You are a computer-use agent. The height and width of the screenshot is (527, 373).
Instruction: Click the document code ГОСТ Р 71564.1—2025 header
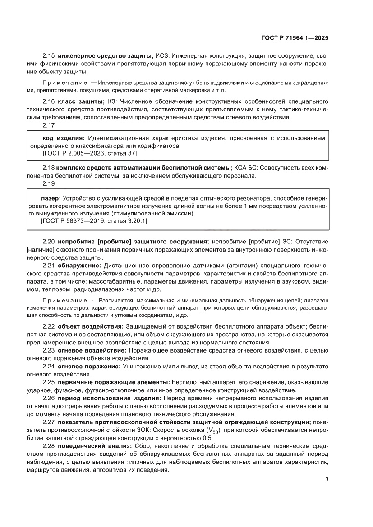[x=295, y=38]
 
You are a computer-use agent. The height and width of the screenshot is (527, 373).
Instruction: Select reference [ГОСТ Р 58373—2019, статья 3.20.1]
[x=94, y=221]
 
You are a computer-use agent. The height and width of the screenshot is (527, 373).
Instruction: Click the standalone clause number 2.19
[x=48, y=184]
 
